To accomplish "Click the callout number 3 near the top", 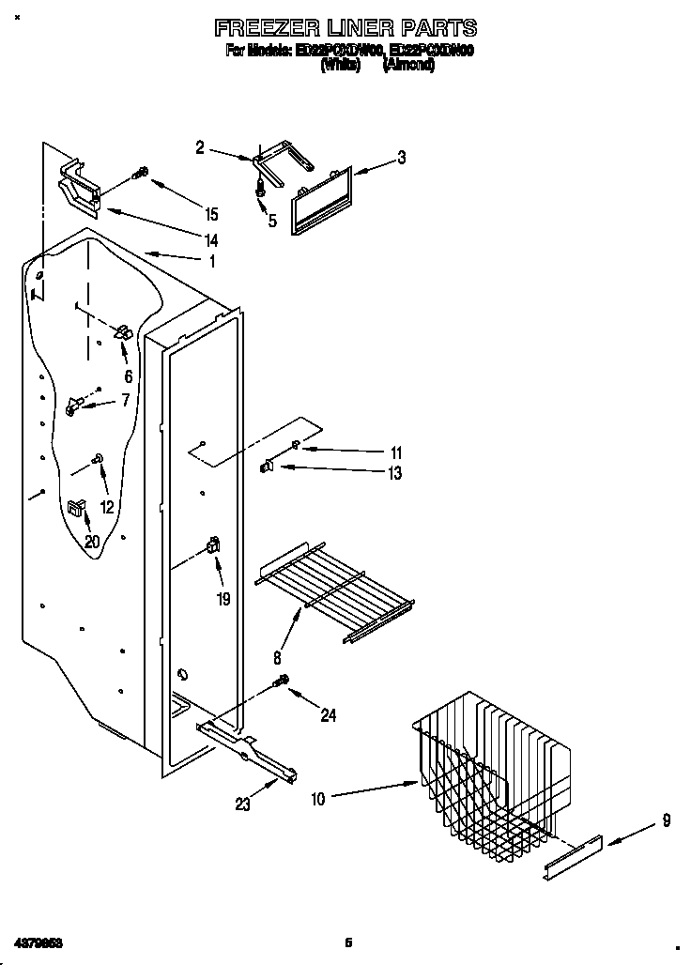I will tap(401, 158).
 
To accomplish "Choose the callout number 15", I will tap(211, 213).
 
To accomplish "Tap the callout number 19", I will tap(223, 598).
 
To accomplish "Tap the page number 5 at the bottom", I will tap(347, 942).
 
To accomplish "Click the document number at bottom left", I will tap(38, 942).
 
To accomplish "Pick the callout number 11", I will tap(396, 452).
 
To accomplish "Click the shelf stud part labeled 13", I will tap(267, 465).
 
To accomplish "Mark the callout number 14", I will tap(211, 241).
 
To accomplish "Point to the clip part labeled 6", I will tap(121, 331).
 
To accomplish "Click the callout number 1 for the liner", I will tap(212, 262).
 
